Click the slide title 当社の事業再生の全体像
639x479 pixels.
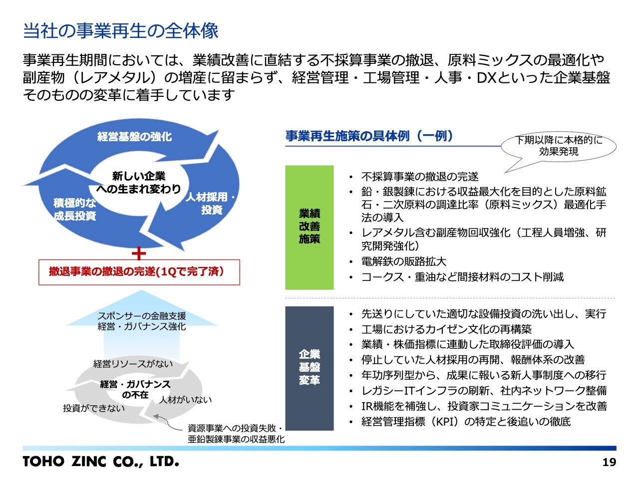[x=121, y=31]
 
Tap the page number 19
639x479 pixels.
[x=609, y=463]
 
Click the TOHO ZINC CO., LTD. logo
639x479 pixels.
[x=100, y=462]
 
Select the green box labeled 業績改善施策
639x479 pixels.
[x=309, y=227]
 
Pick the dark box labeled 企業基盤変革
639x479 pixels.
[x=309, y=368]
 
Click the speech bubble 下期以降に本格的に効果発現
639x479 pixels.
[x=559, y=146]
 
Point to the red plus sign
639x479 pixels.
[x=139, y=253]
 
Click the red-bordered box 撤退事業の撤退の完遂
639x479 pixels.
[x=139, y=272]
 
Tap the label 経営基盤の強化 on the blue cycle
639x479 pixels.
[x=134, y=136]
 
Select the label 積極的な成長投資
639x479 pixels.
[x=75, y=210]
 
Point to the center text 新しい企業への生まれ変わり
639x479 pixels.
[x=138, y=183]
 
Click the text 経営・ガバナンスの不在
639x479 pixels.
[x=135, y=389]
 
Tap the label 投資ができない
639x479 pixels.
[x=93, y=409]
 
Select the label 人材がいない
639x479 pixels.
[x=186, y=400]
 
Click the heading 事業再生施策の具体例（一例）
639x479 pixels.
[x=369, y=136]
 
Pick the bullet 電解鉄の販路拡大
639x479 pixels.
[x=404, y=261]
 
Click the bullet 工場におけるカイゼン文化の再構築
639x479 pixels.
[x=446, y=329]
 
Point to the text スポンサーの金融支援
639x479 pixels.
[x=142, y=316]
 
